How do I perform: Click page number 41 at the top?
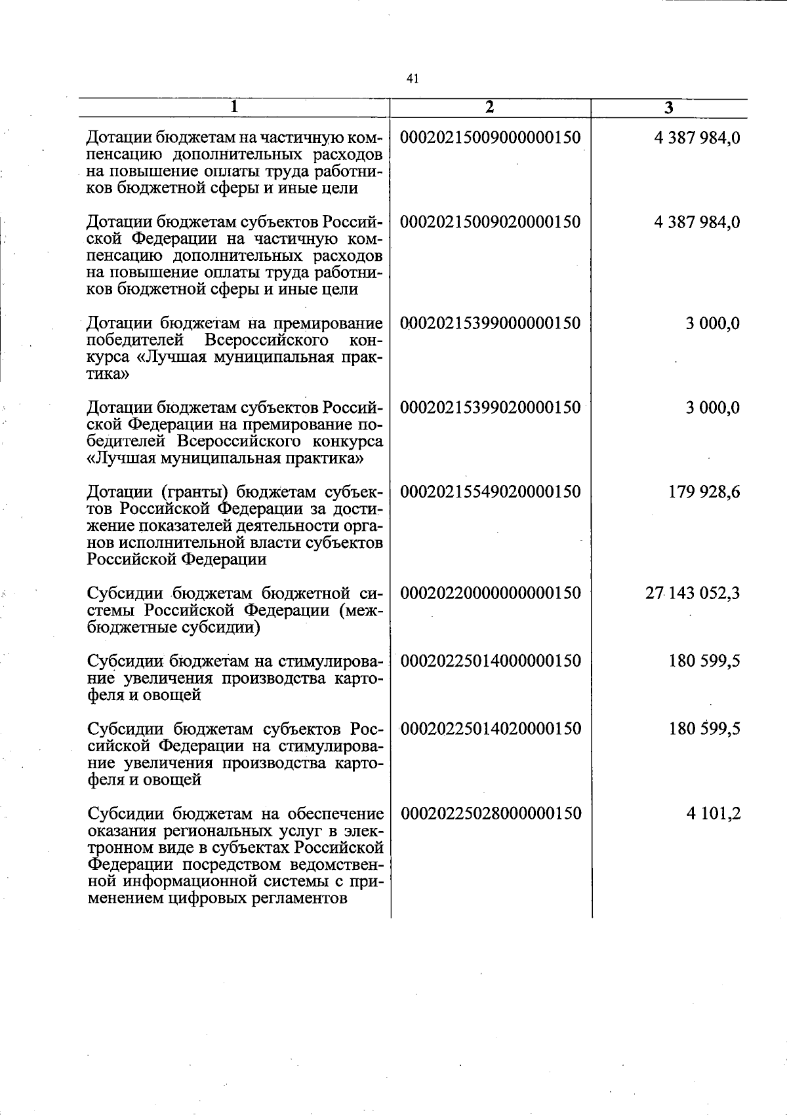(412, 79)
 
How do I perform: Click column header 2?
(490, 108)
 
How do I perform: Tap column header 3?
(668, 108)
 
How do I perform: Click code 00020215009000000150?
(490, 138)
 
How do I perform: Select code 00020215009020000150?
(490, 222)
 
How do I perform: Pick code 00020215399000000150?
(490, 323)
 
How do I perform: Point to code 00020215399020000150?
(490, 408)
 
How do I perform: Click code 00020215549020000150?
(490, 492)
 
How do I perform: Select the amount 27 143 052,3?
(693, 593)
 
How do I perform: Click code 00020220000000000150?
(490, 593)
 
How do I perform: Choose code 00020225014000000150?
(490, 661)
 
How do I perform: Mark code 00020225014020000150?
(490, 729)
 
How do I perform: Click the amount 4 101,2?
(714, 813)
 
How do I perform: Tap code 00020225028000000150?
(490, 813)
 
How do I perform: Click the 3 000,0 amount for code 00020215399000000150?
(713, 323)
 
